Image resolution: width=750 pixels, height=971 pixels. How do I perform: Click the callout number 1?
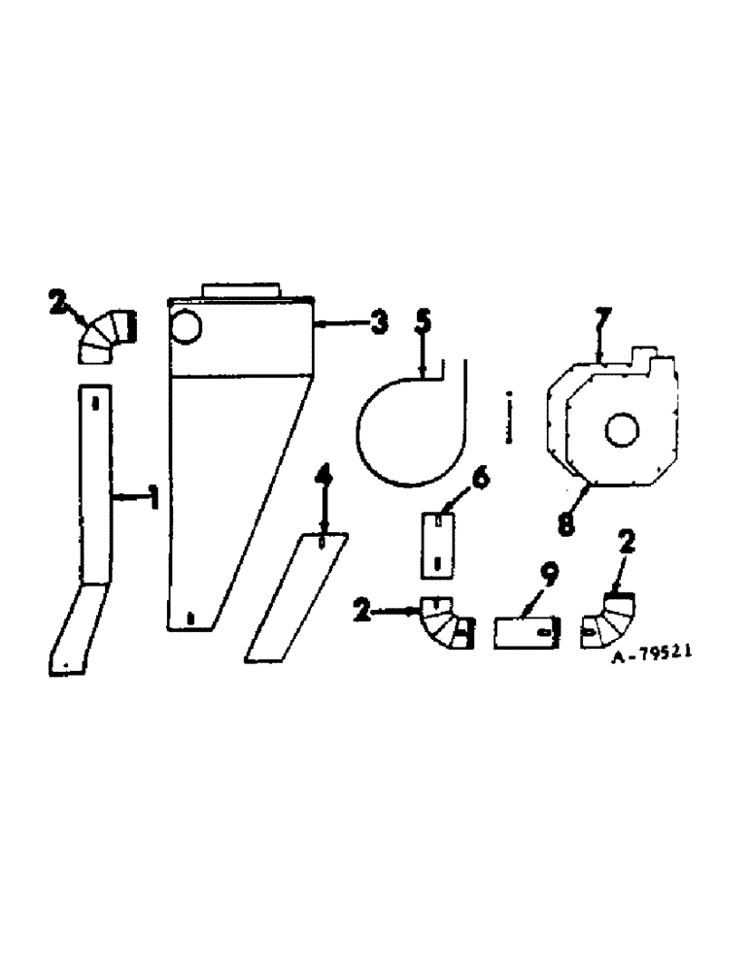click(152, 499)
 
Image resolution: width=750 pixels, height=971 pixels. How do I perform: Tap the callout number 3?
click(379, 322)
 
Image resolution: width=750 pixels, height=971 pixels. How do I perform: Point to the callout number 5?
click(423, 323)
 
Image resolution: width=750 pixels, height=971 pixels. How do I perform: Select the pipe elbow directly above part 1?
click(106, 336)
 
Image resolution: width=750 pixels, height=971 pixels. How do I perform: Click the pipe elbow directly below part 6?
click(445, 623)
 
